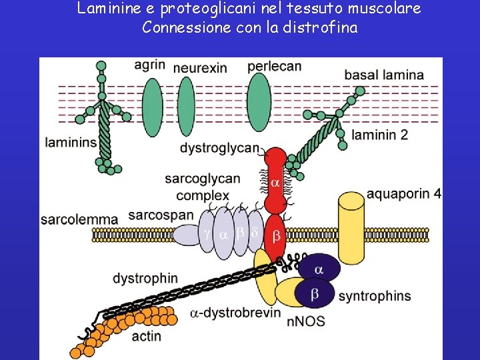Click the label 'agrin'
pos(150,65)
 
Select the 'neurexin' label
pos(200,67)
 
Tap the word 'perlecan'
pos(274,67)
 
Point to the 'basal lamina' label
pos(384,75)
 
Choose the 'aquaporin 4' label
pos(404,195)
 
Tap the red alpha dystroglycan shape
pos(275,180)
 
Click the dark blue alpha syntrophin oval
pos(318,269)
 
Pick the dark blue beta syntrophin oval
pos(315,293)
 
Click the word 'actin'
pos(146,335)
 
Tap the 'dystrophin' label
pos(145,278)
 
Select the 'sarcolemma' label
pos(79,219)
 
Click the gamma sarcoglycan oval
pos(207,235)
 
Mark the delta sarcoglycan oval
pos(253,233)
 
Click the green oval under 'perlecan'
pos(259,101)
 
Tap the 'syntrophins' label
pos(375,296)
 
